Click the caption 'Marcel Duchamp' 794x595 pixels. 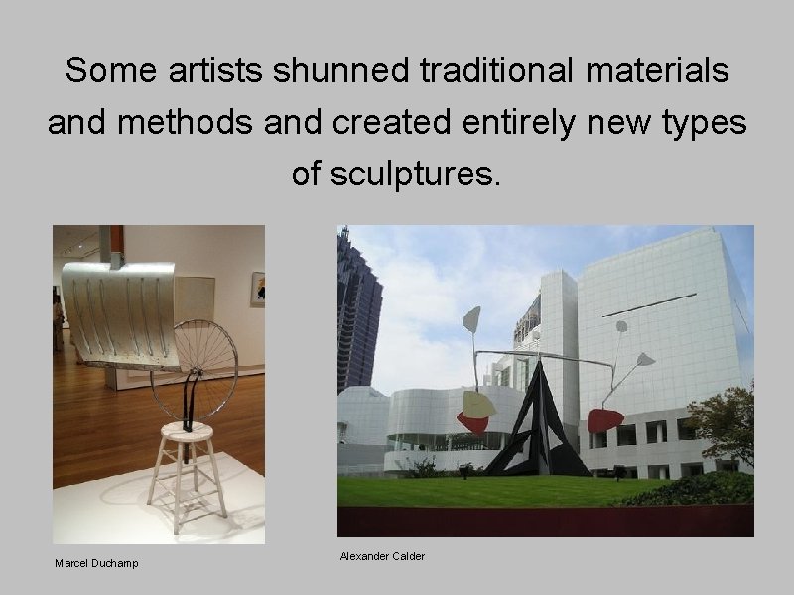pos(96,563)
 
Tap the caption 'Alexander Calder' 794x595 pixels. pos(382,556)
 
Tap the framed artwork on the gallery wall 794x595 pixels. pos(257,289)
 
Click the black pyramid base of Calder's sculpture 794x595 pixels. pos(536,426)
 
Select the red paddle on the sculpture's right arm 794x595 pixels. pos(604,420)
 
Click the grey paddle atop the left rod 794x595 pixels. pos(472,318)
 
